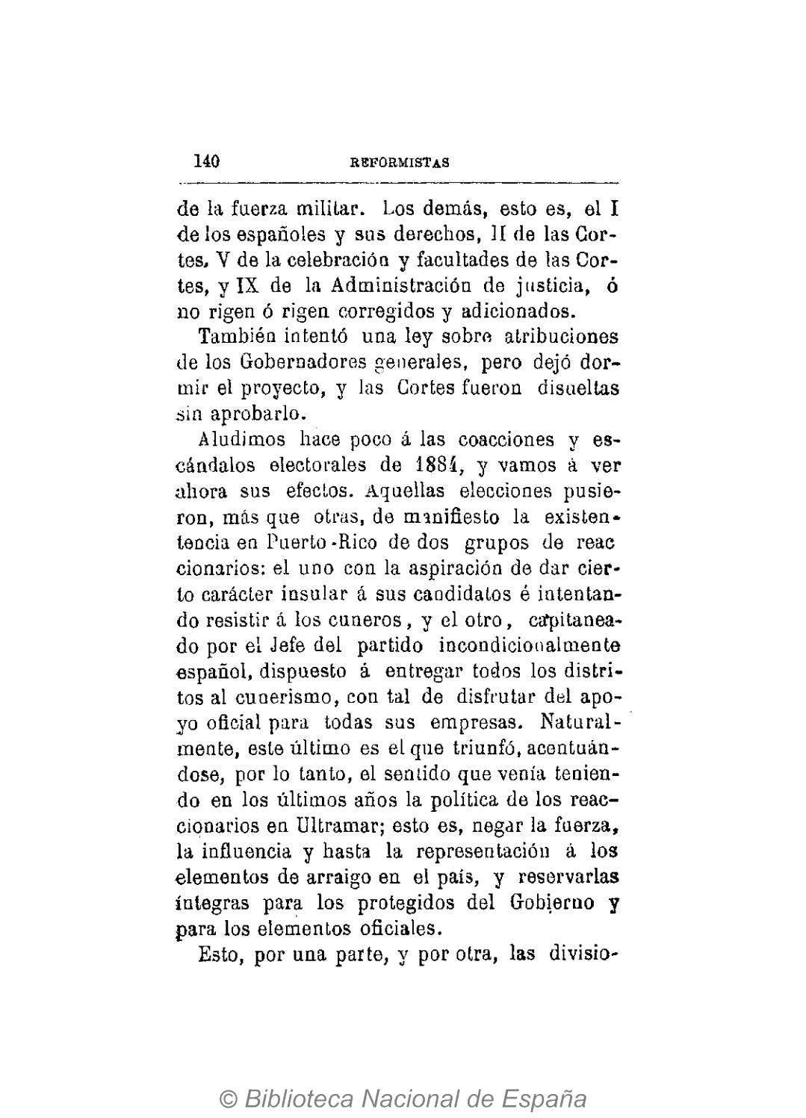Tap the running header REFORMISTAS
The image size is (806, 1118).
[400, 163]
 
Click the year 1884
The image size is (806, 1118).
[439, 465]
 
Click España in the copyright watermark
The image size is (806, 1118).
[541, 1099]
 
